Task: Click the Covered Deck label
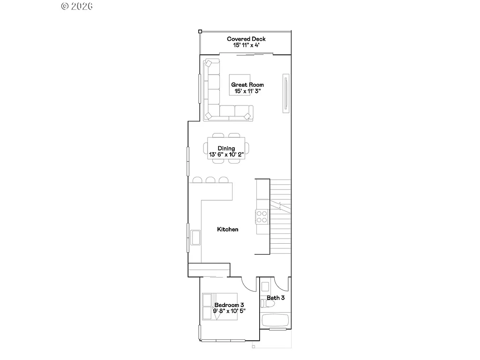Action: [246, 39]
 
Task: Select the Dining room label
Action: [226, 148]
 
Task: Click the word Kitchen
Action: [228, 229]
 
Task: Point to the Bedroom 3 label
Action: [229, 305]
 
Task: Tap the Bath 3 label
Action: [276, 298]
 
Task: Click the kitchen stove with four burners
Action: [262, 216]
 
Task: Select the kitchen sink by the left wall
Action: [195, 237]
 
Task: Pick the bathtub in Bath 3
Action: [274, 321]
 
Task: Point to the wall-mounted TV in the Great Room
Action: [285, 93]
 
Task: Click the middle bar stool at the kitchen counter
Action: [210, 180]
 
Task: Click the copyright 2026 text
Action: [77, 6]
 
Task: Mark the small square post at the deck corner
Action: [200, 31]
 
